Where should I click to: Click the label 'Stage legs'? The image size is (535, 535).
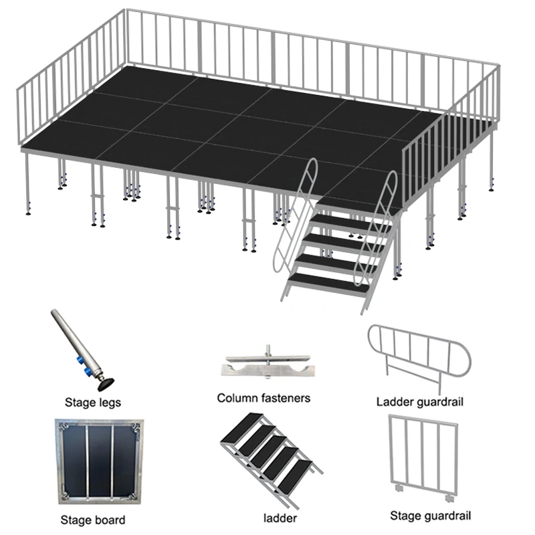click(x=93, y=403)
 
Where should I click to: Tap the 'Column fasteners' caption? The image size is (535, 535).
click(x=263, y=398)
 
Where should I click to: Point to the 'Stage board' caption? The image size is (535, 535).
click(x=93, y=519)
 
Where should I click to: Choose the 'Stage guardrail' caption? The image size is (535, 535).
click(x=431, y=516)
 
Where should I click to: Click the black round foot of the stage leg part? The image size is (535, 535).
click(x=106, y=385)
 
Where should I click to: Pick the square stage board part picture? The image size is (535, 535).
click(x=98, y=462)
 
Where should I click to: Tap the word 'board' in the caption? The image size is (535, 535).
click(x=110, y=519)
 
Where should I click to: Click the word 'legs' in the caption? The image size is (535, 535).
click(x=109, y=403)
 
